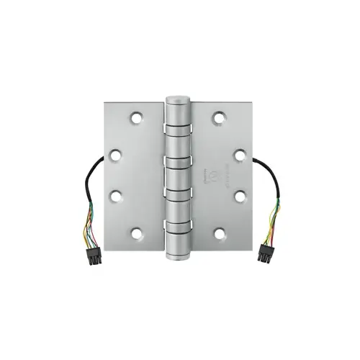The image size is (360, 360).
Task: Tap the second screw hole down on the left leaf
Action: [116, 153]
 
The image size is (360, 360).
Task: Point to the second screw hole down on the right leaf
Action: [238, 153]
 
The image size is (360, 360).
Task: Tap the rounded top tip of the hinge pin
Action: [177, 96]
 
